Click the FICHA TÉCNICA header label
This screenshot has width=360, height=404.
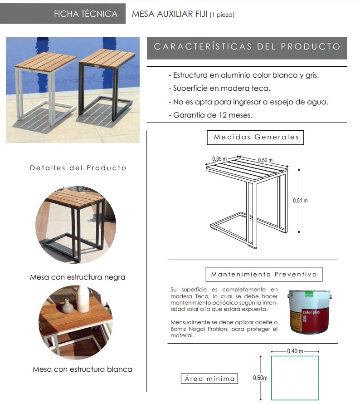86,14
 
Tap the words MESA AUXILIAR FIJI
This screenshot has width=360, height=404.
169,14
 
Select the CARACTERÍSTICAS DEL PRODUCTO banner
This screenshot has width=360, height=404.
247,47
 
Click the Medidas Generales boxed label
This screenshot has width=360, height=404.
256,137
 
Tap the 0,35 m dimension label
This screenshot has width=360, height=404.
219,159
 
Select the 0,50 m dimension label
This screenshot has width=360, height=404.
265,160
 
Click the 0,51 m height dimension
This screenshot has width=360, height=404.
300,200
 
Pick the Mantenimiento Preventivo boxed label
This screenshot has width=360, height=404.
267,275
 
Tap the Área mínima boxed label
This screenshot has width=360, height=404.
209,379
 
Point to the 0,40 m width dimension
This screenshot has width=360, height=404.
295,351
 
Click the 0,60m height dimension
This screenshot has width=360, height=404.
260,378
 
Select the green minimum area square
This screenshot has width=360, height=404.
295,378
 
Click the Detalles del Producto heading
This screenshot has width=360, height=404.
78,168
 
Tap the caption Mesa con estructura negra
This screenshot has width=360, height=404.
78,277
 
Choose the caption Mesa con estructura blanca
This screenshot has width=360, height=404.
83,370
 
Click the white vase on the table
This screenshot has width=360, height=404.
83,299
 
